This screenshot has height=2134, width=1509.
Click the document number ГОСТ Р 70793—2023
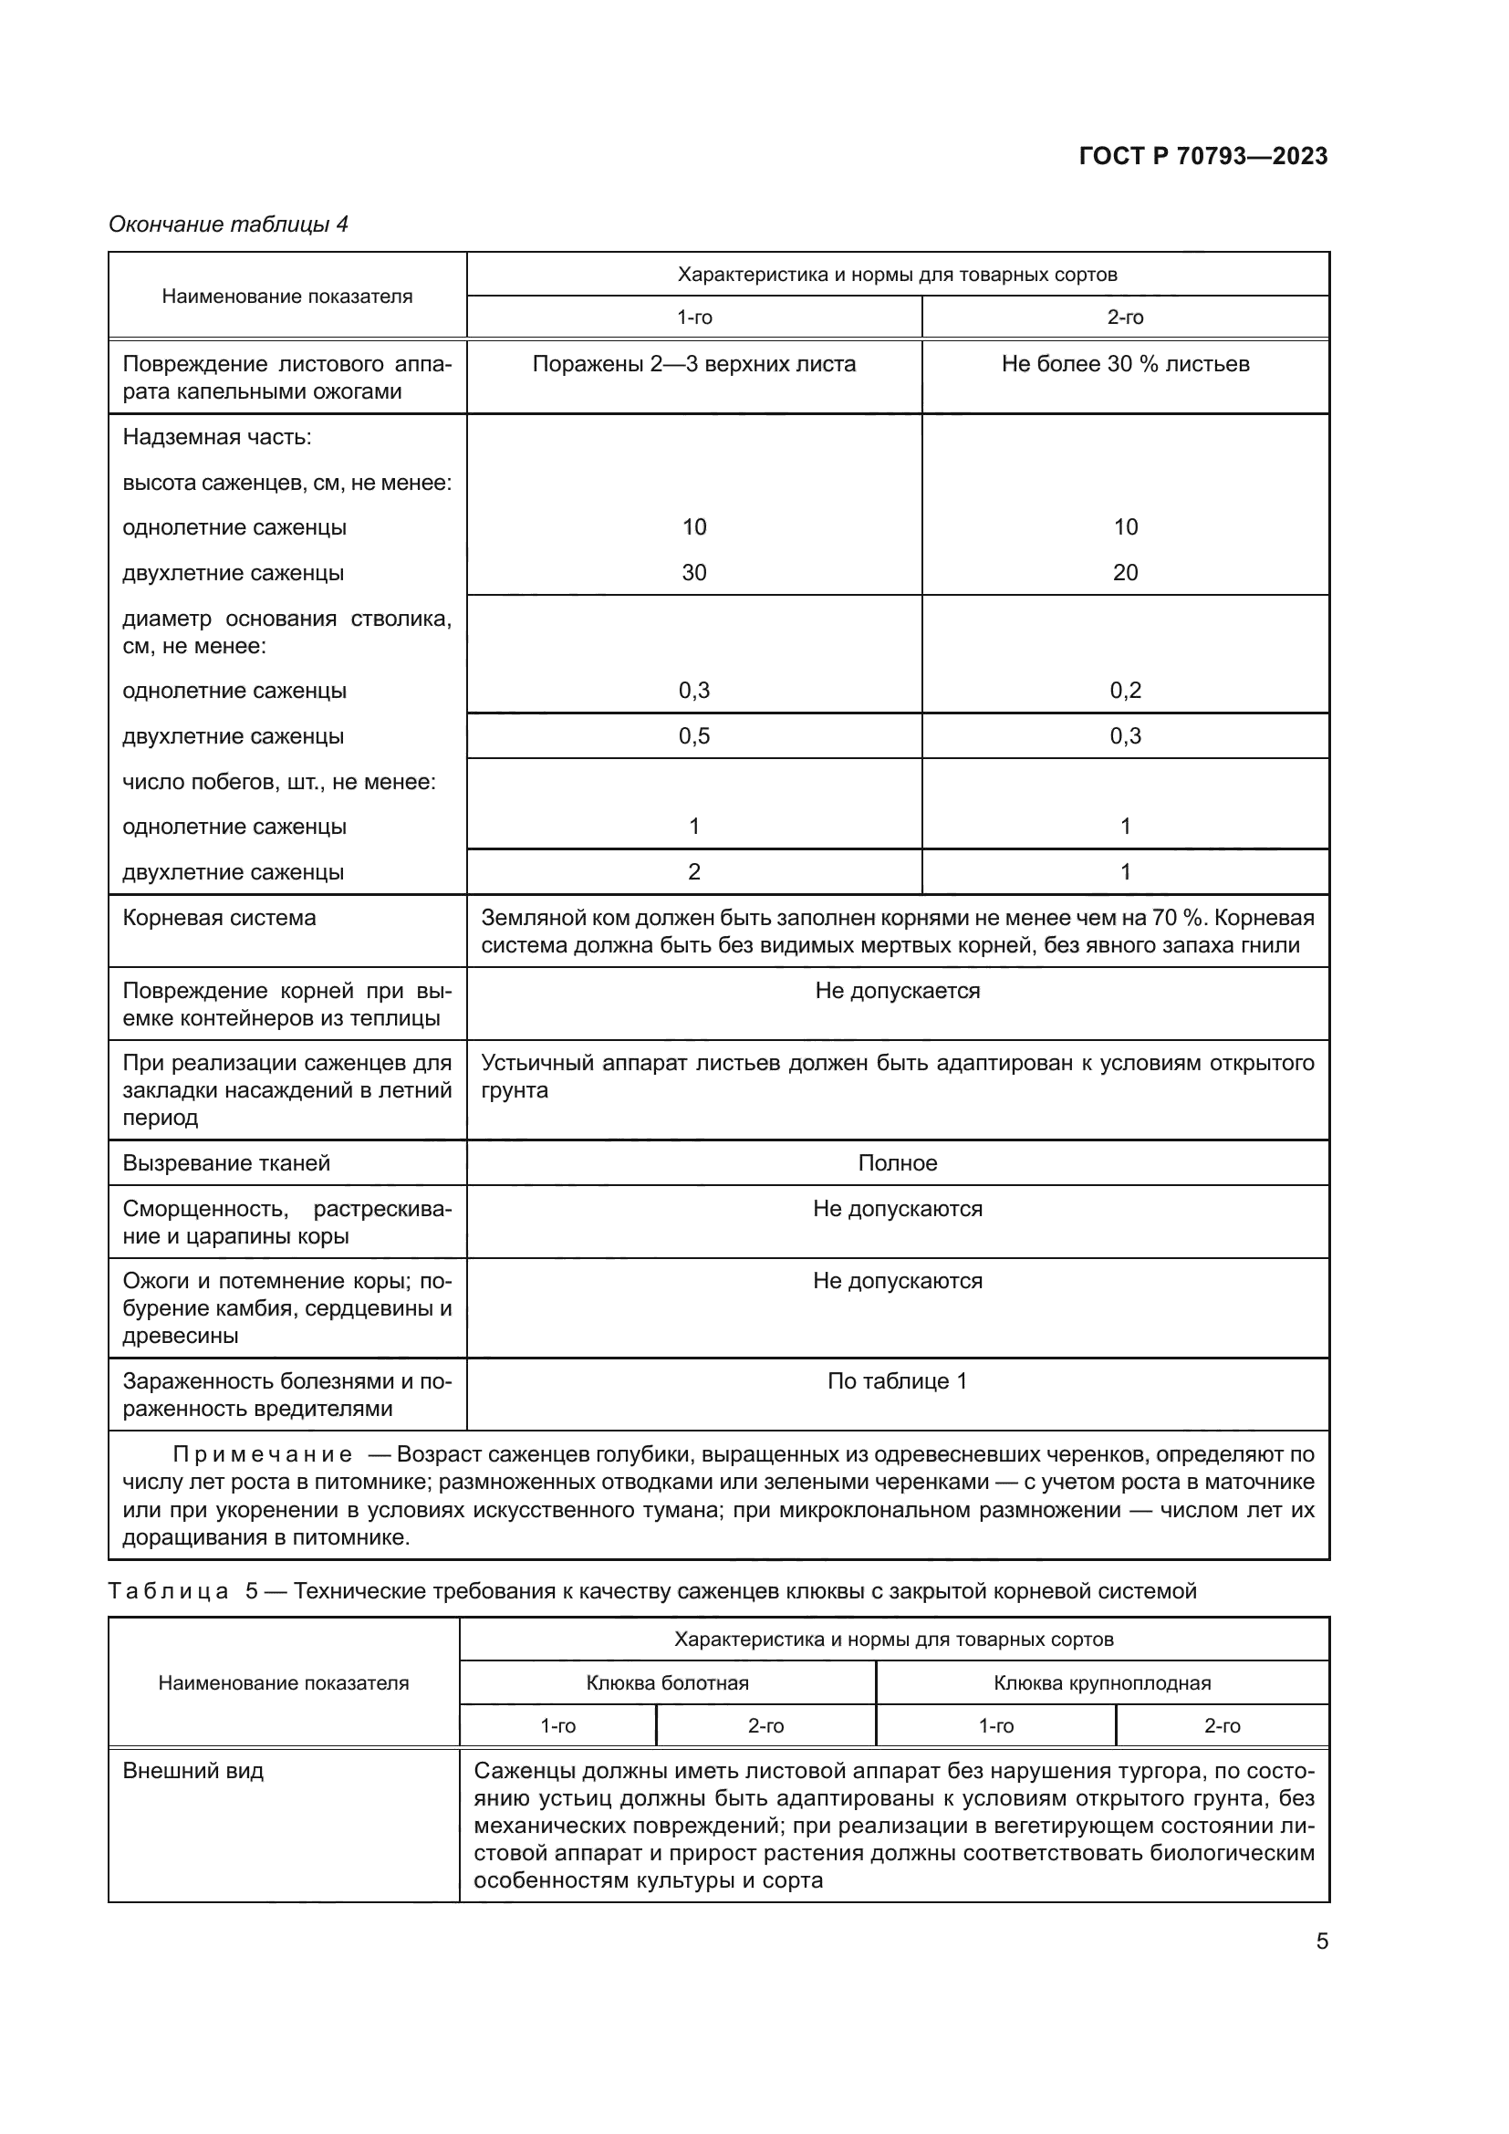click(x=1202, y=156)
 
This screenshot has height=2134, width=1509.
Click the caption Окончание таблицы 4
click(x=229, y=224)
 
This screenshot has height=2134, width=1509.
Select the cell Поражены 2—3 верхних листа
click(x=693, y=364)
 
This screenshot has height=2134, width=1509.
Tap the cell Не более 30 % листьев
click(x=1124, y=364)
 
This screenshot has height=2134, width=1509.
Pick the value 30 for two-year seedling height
click(x=693, y=573)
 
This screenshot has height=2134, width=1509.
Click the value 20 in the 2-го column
click(x=1124, y=573)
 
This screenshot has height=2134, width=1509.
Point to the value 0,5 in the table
click(x=693, y=736)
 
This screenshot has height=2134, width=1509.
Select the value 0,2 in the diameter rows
click(x=1124, y=691)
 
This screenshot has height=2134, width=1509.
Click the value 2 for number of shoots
click(x=693, y=872)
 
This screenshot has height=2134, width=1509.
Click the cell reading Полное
click(x=897, y=1162)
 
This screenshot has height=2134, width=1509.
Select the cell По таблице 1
click(x=897, y=1381)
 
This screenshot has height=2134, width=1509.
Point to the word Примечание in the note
click(x=263, y=1454)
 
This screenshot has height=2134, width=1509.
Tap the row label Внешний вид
click(x=193, y=1771)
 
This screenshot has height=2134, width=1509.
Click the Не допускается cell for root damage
click(x=897, y=991)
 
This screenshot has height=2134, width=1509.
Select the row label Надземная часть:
click(x=217, y=437)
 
